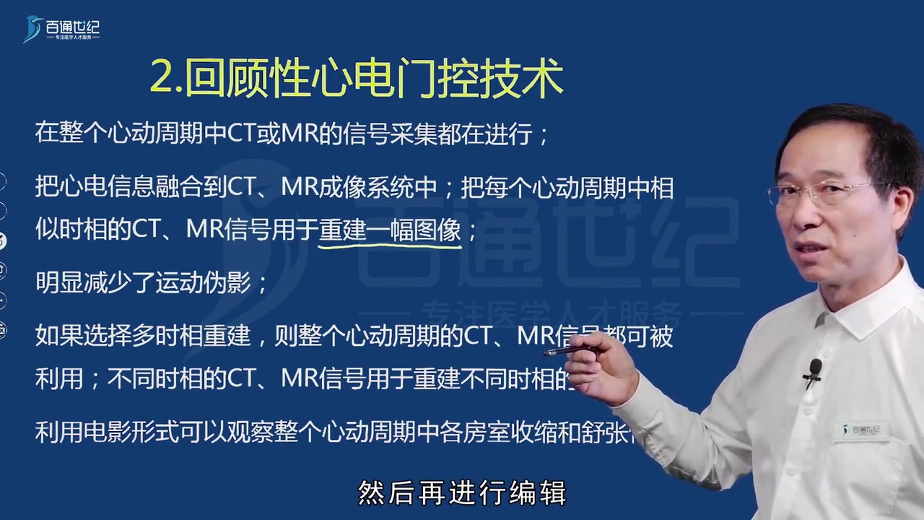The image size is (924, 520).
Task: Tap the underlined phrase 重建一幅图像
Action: pos(390,230)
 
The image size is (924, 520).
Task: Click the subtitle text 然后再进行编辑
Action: pos(462,493)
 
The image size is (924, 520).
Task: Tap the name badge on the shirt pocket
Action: pos(858,431)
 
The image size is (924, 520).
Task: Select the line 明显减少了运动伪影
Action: pos(152,282)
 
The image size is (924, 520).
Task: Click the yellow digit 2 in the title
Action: pos(160,79)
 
